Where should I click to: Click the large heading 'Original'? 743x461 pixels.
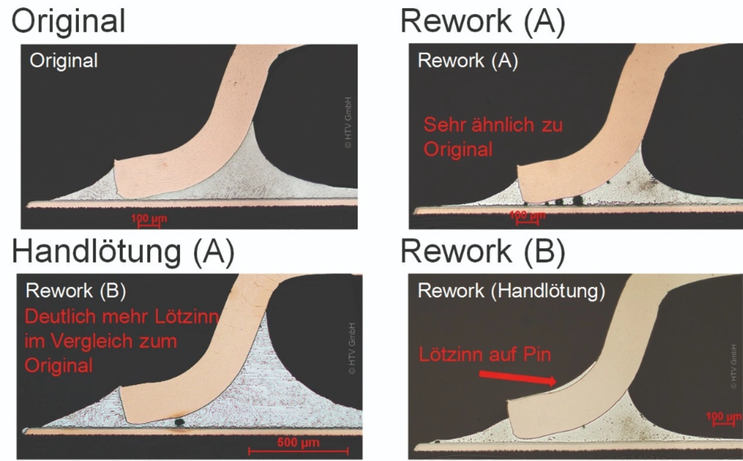coord(68,21)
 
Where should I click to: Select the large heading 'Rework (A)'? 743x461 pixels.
coord(482,21)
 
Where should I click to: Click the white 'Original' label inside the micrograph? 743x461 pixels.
coord(64,60)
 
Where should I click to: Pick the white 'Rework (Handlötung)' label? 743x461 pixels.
coord(511,291)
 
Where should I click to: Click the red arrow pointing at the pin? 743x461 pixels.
coord(517,377)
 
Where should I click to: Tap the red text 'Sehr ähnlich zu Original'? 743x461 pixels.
coord(493,137)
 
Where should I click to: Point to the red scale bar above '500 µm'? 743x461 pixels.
coord(298,451)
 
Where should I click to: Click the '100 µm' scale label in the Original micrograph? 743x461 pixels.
coord(147,218)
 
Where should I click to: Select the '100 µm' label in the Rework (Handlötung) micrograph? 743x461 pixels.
coord(723,417)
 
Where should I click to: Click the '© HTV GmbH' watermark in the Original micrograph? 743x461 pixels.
coord(348,123)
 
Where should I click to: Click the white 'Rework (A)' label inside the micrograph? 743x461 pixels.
coord(467,60)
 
